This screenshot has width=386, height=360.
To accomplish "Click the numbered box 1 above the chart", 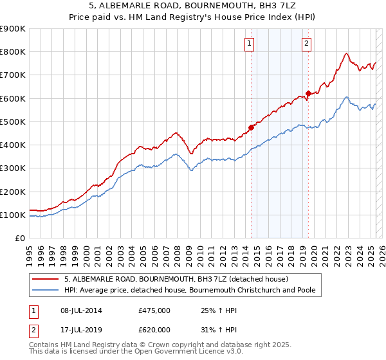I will (x=249, y=44).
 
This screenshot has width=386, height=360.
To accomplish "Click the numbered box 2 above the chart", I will (x=306, y=44).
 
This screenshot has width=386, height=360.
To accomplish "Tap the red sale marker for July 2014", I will (x=252, y=127).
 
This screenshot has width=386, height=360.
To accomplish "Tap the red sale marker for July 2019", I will (x=308, y=93).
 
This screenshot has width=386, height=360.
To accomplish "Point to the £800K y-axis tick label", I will (x=13, y=51).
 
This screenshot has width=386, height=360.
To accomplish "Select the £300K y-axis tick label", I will (x=13, y=168).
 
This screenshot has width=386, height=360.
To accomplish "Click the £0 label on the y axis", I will (x=19, y=238).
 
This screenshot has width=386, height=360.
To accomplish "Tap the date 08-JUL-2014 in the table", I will (x=81, y=310).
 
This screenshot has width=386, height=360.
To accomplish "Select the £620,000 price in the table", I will (x=154, y=329).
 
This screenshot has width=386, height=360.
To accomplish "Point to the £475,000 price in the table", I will (x=154, y=310).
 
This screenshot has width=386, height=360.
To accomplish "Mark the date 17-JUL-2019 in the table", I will (x=81, y=329).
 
